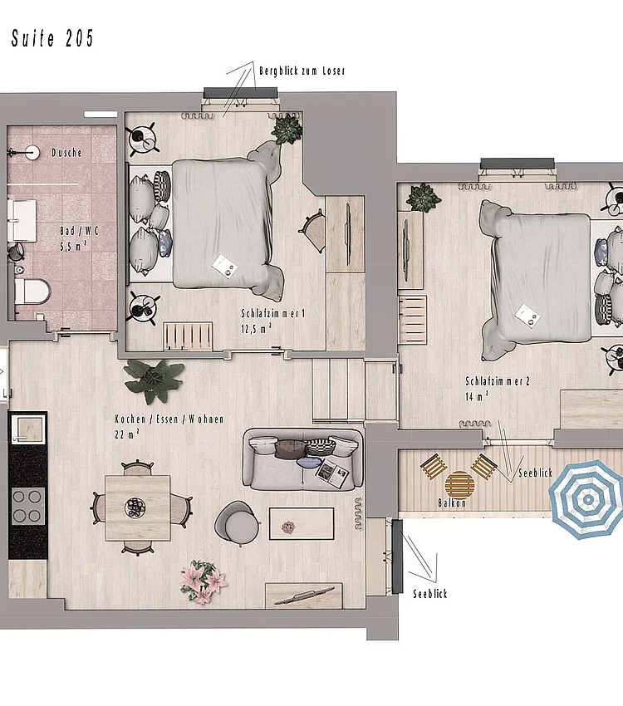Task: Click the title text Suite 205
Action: point(52,38)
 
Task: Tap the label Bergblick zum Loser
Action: point(302,71)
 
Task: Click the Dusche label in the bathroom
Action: point(66,153)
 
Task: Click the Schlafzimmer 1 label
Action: point(273,320)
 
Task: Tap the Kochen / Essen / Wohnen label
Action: point(169,426)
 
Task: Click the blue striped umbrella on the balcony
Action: point(588,499)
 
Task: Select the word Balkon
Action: point(452,503)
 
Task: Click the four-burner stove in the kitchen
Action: point(27,503)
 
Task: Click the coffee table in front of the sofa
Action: point(301,524)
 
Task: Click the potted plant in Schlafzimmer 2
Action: point(423,198)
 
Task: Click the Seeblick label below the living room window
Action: point(430,594)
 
